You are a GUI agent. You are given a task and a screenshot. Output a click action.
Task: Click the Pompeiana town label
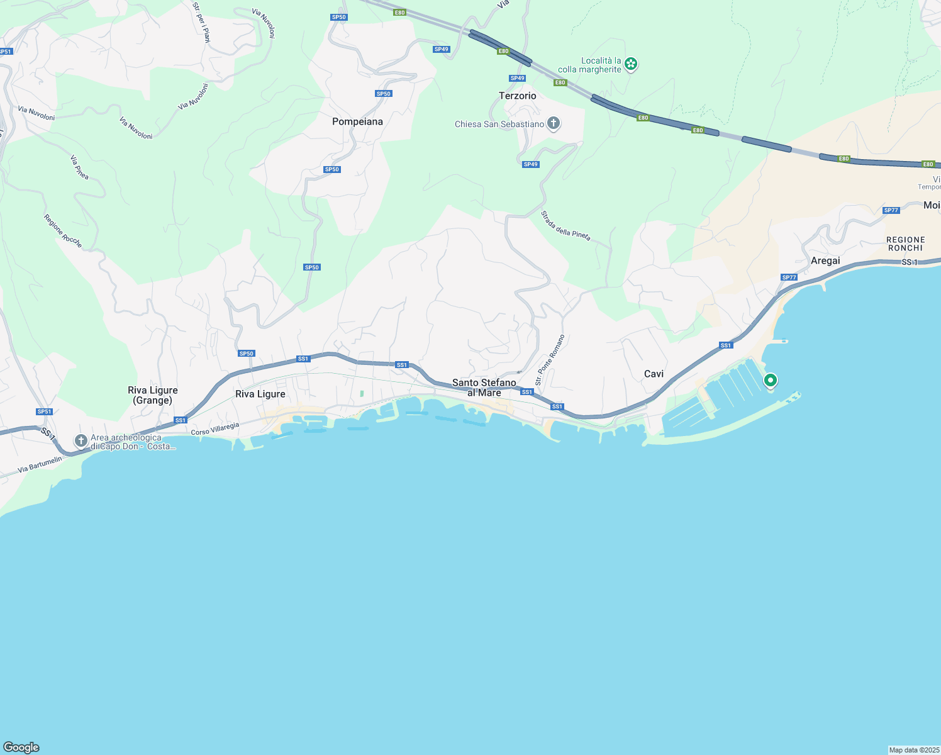(357, 121)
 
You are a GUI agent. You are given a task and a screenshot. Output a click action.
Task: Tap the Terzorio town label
(517, 96)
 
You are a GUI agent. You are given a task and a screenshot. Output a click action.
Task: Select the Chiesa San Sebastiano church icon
(554, 123)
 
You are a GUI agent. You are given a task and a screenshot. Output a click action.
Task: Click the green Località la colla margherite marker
(631, 64)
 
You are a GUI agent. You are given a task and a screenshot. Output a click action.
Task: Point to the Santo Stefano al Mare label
(484, 388)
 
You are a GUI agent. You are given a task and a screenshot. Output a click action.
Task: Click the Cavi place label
(654, 374)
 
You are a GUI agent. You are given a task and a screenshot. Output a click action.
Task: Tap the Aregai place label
(825, 260)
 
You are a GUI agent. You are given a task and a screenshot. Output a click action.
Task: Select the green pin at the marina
(770, 381)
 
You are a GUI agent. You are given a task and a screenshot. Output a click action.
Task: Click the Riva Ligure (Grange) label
(153, 395)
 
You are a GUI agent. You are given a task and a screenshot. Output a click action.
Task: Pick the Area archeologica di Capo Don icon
(81, 440)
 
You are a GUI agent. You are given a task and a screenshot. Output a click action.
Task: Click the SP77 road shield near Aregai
(789, 277)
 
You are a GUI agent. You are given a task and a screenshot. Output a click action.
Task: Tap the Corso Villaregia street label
(215, 429)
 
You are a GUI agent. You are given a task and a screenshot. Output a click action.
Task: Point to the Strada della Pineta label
(565, 225)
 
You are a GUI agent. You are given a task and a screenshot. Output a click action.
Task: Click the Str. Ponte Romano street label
(550, 360)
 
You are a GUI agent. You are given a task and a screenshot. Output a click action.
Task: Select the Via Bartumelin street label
(40, 465)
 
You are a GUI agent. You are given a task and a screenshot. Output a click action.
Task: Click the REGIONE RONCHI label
(906, 243)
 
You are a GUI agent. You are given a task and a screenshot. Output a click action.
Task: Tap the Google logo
(21, 747)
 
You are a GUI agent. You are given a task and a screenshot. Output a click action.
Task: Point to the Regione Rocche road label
(62, 231)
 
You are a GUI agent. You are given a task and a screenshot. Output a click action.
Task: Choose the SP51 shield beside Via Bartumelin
(44, 412)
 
